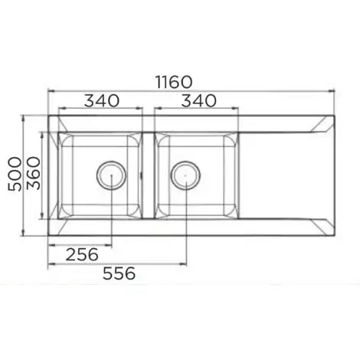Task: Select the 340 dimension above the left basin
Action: pos(102,100)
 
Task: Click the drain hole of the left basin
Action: pos(111,175)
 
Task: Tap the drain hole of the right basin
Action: pos(184,175)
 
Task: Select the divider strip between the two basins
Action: pos(148,175)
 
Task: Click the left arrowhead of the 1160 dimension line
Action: pos(51,90)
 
